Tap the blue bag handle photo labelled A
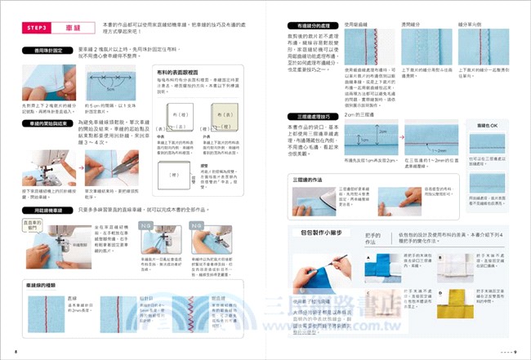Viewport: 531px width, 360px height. point(379,269)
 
